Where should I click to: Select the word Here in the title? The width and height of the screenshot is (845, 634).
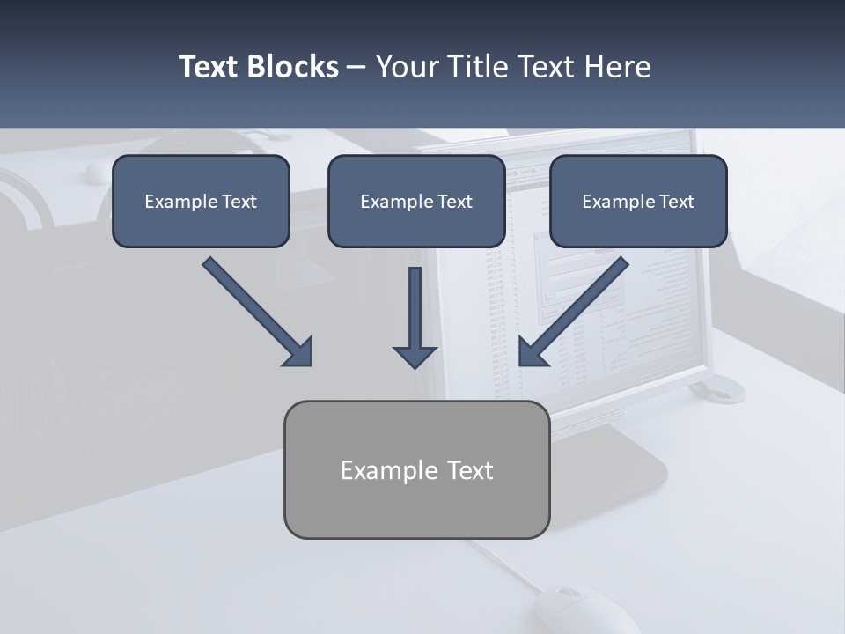click(x=620, y=67)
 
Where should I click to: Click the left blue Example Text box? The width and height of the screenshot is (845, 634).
click(x=201, y=202)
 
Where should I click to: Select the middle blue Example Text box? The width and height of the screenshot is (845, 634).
click(x=416, y=202)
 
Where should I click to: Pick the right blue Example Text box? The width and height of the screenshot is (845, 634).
click(x=638, y=202)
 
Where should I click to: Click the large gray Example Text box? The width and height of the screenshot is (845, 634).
click(x=416, y=470)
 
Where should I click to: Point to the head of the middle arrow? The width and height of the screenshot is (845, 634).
click(x=415, y=357)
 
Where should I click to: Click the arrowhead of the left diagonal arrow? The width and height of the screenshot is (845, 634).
click(x=299, y=352)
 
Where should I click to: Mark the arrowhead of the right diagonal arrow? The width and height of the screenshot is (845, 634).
click(x=533, y=352)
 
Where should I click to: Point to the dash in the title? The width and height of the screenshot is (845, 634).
click(x=356, y=68)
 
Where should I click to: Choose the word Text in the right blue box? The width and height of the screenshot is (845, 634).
click(x=676, y=202)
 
